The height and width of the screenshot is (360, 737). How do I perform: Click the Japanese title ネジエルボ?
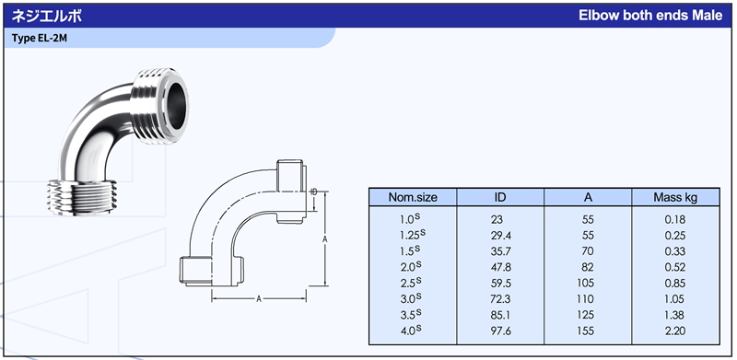[47, 16]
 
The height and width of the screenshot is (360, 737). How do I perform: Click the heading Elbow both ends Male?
[650, 16]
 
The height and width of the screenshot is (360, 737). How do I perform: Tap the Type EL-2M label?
[40, 39]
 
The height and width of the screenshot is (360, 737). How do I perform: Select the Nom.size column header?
[412, 197]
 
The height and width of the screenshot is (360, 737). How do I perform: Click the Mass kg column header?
[675, 197]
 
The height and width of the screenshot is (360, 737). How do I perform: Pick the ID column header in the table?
[500, 197]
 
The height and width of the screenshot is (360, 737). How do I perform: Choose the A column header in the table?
[588, 197]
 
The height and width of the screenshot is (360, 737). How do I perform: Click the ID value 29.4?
[500, 236]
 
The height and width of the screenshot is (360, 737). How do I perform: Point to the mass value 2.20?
[675, 331]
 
